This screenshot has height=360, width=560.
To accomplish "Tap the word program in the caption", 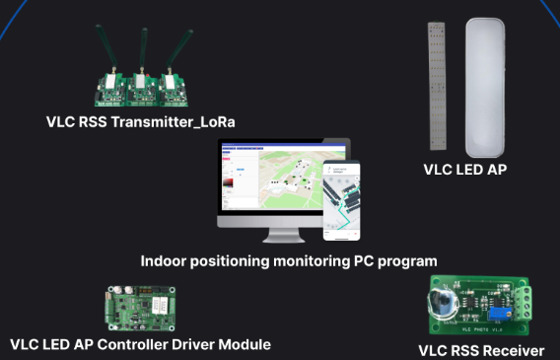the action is [x=405, y=262].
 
